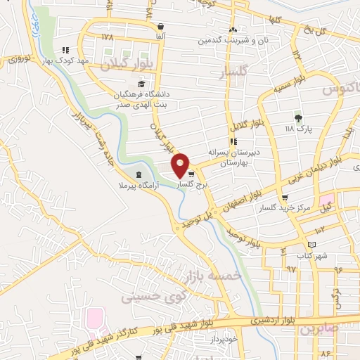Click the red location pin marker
(x=181, y=165)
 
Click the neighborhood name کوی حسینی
(x=147, y=296)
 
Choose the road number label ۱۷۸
(x=107, y=37)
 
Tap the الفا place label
(x=161, y=36)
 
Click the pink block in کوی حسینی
(x=94, y=319)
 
